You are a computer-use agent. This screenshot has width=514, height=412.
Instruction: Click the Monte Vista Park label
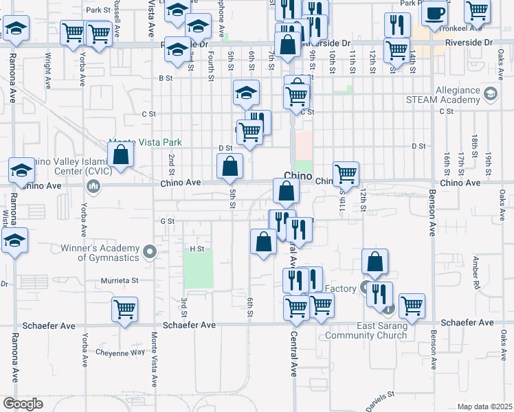click(145, 142)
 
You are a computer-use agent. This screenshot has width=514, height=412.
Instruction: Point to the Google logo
click(23, 403)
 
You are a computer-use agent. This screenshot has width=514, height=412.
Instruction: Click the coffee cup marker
click(434, 14)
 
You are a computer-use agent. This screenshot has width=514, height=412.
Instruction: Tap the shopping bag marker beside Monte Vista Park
click(121, 155)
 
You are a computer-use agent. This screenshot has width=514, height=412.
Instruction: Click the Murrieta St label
click(121, 280)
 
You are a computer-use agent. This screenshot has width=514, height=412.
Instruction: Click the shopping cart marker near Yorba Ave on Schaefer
click(124, 310)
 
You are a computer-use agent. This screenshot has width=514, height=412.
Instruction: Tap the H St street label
click(197, 248)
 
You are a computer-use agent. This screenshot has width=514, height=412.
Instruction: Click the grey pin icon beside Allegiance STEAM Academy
click(491, 94)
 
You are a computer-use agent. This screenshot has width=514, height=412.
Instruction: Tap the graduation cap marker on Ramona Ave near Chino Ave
click(21, 170)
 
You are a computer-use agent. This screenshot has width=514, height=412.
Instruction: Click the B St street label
click(165, 78)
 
